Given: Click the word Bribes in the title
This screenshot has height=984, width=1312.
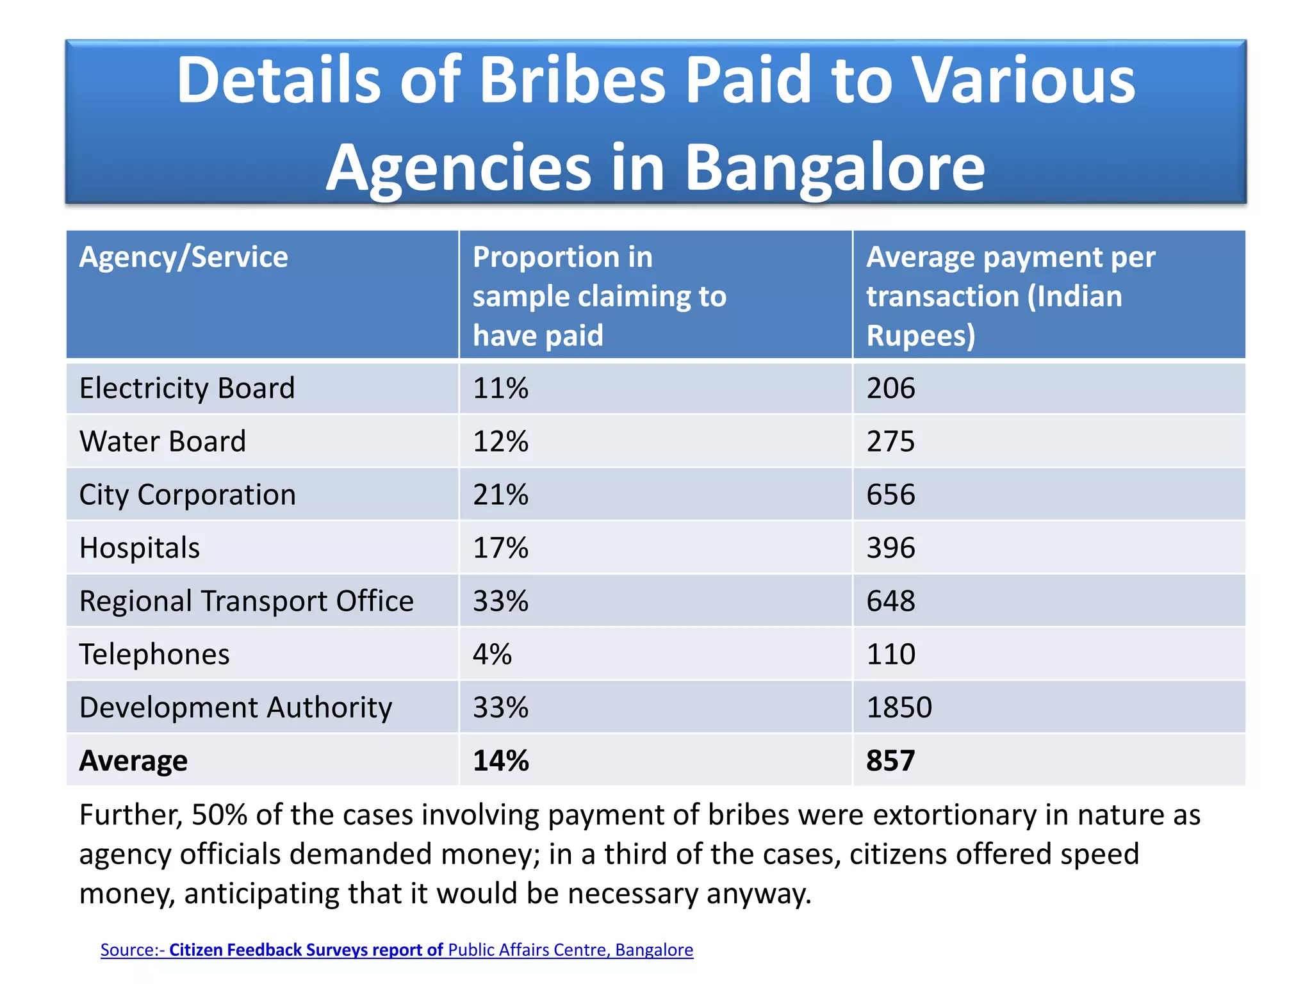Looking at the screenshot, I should click(572, 81).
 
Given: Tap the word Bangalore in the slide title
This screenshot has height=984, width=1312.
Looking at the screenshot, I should click(835, 168).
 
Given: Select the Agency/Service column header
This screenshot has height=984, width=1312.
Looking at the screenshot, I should click(183, 258).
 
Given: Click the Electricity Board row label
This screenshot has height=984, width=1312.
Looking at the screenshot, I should click(186, 388).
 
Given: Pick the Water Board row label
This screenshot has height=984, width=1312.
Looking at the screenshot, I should click(162, 441).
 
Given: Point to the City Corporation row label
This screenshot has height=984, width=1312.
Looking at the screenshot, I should click(187, 495).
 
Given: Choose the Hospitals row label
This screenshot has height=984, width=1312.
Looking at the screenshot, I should click(139, 548).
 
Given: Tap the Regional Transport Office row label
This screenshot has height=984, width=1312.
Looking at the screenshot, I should click(246, 601).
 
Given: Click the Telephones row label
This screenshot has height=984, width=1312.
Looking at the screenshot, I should click(154, 654).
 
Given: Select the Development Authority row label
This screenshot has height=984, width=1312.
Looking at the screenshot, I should click(235, 707).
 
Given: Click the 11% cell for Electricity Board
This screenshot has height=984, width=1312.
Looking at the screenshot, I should click(500, 388).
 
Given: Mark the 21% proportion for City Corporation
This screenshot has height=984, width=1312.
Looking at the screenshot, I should click(500, 495).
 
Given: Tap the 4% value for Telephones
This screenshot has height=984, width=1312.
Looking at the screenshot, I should click(492, 654).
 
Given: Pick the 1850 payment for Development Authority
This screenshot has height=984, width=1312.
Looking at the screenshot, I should click(899, 707).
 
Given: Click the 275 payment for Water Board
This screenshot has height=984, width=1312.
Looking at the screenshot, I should click(890, 441).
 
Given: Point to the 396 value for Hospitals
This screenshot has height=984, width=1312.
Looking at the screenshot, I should click(890, 548).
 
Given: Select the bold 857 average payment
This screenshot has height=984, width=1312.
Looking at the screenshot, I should click(890, 760).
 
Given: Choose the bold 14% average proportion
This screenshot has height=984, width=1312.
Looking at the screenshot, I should click(500, 760).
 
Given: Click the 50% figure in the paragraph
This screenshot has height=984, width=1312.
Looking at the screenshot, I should click(219, 815).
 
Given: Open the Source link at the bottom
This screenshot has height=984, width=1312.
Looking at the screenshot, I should click(397, 949).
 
